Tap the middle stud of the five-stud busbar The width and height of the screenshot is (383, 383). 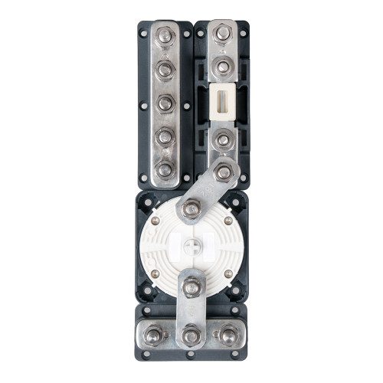pos(164,102)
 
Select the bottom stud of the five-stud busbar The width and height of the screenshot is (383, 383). pos(164,169)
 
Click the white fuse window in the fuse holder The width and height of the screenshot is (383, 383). pos(221,101)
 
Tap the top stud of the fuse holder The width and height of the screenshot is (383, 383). pos(221,34)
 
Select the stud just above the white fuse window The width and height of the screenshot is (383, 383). pos(221,67)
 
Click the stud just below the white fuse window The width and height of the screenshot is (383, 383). pos(221,138)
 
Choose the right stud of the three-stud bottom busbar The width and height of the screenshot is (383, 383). pos(227,334)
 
